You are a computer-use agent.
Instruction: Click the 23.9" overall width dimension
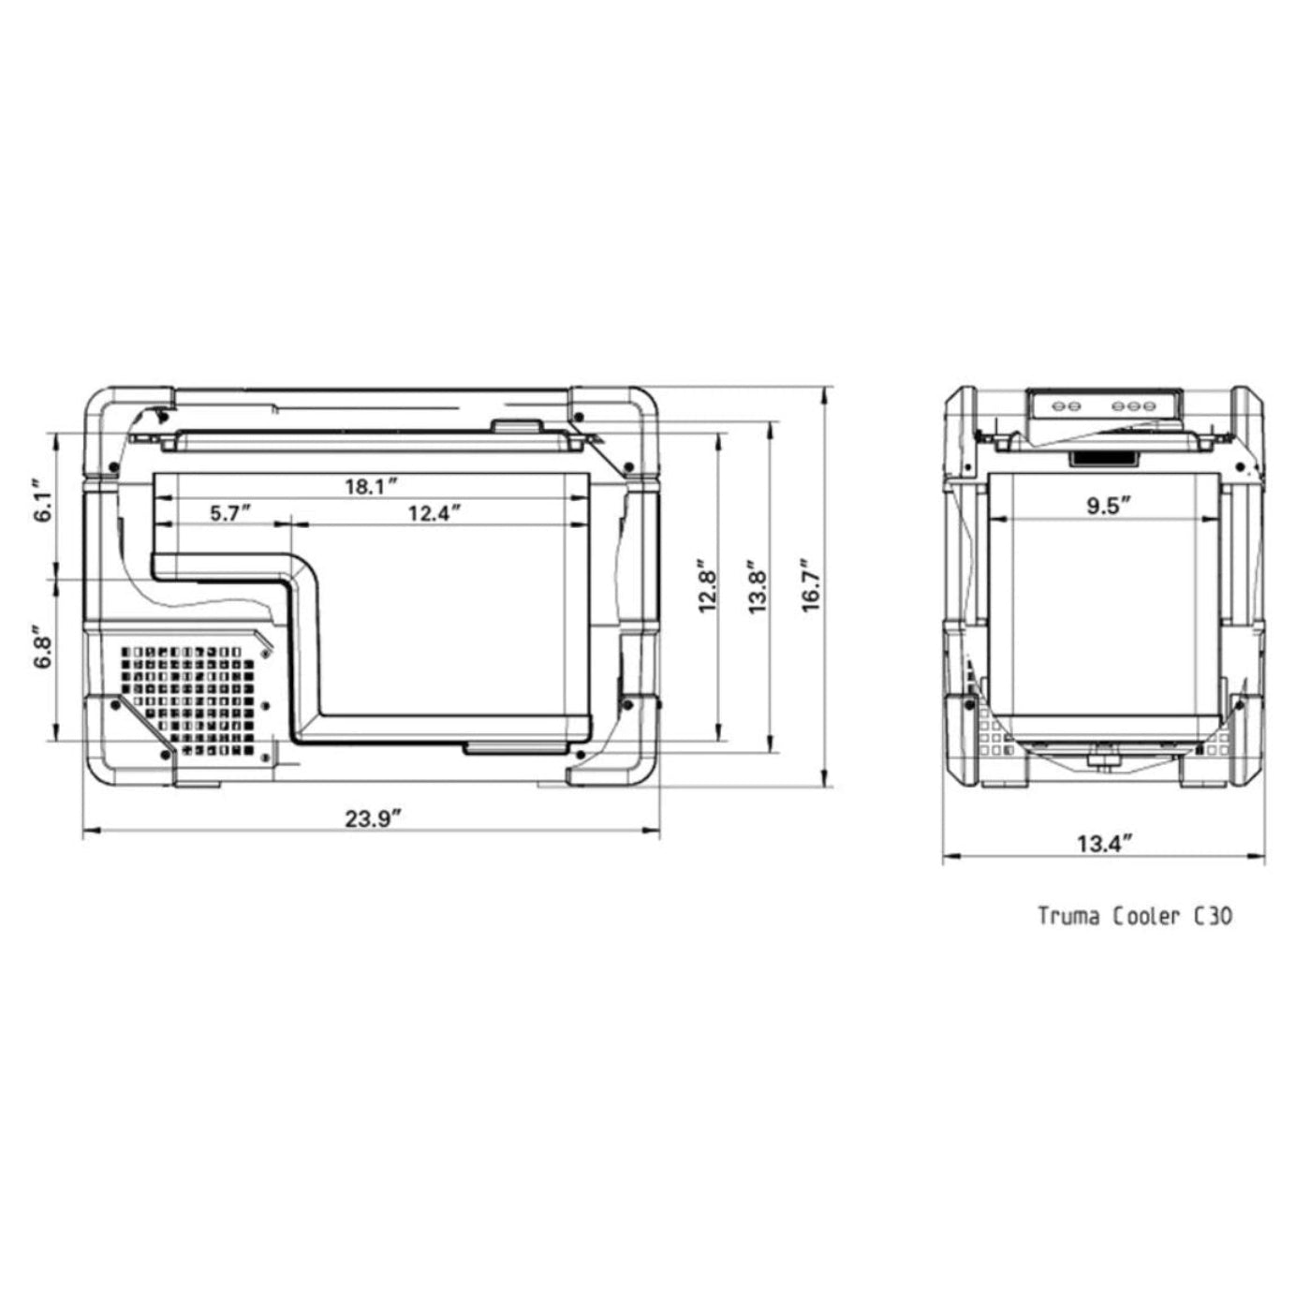(x=373, y=818)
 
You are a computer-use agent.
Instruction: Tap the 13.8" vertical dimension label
(x=759, y=587)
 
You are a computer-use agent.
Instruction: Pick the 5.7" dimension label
(x=230, y=513)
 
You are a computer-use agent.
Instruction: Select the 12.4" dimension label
(x=435, y=513)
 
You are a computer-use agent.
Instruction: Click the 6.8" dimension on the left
(x=40, y=647)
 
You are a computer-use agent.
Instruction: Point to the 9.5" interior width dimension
(x=1109, y=506)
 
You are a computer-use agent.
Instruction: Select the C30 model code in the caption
(x=1213, y=916)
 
